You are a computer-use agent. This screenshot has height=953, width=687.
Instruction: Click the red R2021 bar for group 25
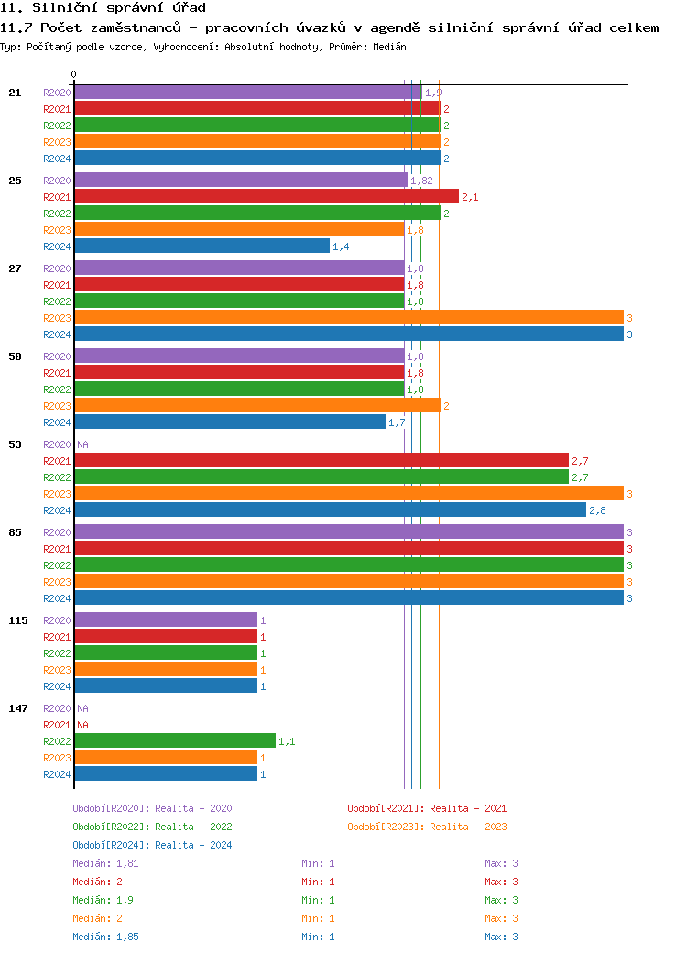pyautogui.click(x=266, y=197)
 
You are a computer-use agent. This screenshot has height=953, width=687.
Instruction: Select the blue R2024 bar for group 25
pyautogui.click(x=202, y=246)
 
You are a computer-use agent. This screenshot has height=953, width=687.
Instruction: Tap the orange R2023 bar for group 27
pyautogui.click(x=348, y=318)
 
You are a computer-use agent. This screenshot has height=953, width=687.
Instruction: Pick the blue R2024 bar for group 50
pyautogui.click(x=229, y=422)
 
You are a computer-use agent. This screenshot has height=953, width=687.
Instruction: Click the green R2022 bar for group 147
pyautogui.click(x=174, y=741)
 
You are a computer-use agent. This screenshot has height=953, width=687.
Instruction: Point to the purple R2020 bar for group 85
pyautogui.click(x=348, y=532)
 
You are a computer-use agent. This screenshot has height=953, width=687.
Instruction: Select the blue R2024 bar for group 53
pyautogui.click(x=330, y=510)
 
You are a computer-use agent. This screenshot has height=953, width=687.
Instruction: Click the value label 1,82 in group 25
pyautogui.click(x=421, y=181)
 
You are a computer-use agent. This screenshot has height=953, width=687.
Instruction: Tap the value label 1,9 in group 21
pyautogui.click(x=433, y=93)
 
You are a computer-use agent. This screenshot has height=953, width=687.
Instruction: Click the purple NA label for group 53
pyautogui.click(x=82, y=444)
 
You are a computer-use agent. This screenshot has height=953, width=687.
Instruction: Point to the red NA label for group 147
pyautogui.click(x=82, y=725)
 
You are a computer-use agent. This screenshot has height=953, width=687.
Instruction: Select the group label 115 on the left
pyautogui.click(x=18, y=620)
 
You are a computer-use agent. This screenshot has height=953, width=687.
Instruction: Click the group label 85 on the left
pyautogui.click(x=15, y=532)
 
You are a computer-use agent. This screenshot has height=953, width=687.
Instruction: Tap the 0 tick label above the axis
pyautogui.click(x=74, y=74)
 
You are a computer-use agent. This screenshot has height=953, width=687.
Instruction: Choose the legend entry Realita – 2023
pyautogui.click(x=427, y=827)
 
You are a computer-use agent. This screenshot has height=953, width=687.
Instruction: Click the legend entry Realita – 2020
pyautogui.click(x=152, y=808)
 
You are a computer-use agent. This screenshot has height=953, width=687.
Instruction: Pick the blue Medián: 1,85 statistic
pyautogui.click(x=105, y=937)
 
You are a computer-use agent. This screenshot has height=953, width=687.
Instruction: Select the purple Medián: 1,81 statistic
pyautogui.click(x=105, y=863)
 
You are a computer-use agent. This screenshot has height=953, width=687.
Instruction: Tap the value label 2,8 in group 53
pyautogui.click(x=597, y=510)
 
